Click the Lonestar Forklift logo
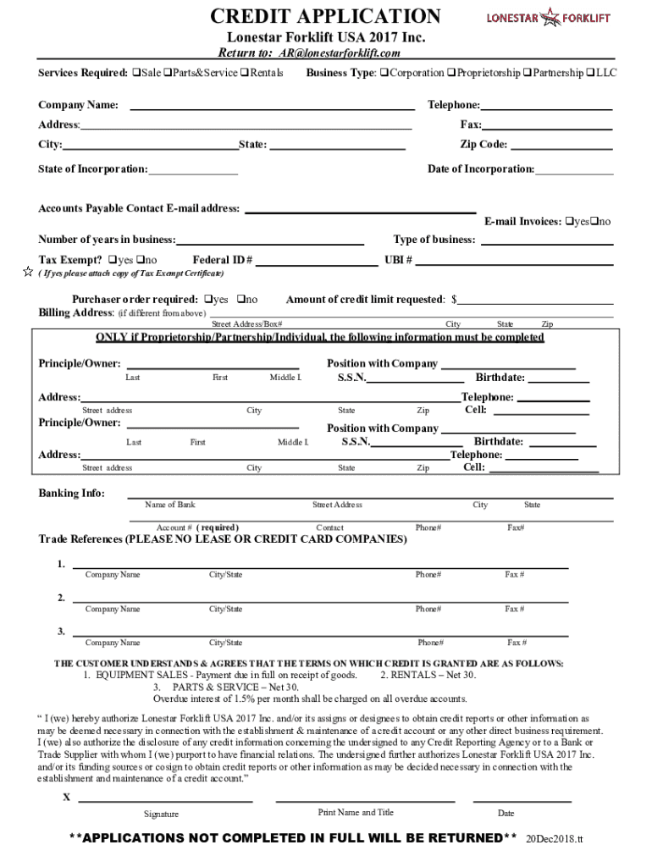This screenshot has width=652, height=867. pos(548,17)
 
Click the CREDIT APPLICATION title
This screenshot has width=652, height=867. pos(325,16)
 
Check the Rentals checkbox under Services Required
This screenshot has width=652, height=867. pos(244,74)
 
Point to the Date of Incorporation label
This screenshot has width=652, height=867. pos(480,169)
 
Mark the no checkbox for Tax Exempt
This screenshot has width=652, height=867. pos(141,260)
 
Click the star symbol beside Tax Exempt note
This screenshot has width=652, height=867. pos(27,273)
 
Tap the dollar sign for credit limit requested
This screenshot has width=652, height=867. pos(455,300)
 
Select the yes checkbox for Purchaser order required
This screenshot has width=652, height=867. pos(208,300)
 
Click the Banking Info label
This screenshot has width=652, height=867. pos(71,494)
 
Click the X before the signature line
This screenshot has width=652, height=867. pos(66,798)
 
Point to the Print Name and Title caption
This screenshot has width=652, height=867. pos(356,813)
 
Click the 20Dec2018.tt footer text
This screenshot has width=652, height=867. pos(555,839)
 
